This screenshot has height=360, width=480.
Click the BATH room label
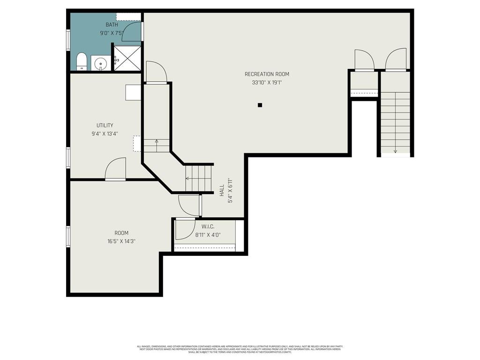click(112, 25)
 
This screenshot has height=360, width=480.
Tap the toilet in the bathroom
click(82, 61)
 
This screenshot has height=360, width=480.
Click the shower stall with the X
click(127, 58)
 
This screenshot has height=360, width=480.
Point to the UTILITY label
click(105, 126)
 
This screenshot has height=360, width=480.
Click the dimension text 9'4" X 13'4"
click(105, 134)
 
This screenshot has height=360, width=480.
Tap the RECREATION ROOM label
click(267, 74)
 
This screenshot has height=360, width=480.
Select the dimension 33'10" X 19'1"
click(267, 82)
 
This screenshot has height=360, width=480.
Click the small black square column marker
click(260, 105)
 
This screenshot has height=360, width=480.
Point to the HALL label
click(221, 190)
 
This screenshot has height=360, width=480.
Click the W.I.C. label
click(208, 227)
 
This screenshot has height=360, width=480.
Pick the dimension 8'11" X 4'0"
click(208, 235)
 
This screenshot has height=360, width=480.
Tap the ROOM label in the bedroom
click(121, 233)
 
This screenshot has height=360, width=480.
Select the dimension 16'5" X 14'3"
click(121, 241)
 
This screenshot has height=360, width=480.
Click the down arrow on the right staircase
click(395, 150)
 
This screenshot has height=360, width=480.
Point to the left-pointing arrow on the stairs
click(187, 178)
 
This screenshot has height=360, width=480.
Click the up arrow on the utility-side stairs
click(157, 141)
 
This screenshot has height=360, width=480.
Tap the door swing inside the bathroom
click(132, 32)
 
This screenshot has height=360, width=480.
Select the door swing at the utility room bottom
click(116, 169)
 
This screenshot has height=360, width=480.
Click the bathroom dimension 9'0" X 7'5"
click(112, 33)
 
